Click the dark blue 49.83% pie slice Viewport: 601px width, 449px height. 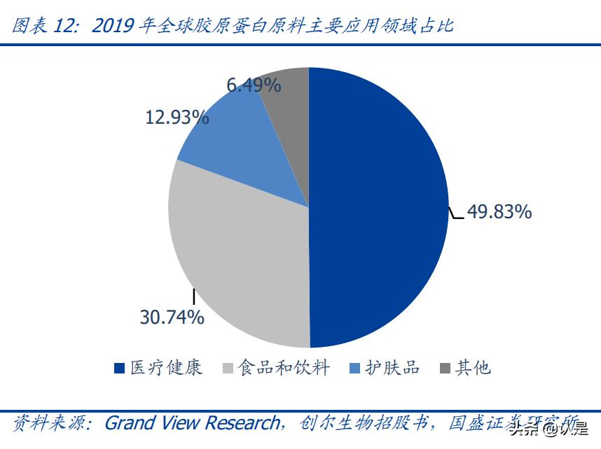pos(378,210)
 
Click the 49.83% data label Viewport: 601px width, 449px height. pos(499,211)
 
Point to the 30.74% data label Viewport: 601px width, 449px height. pos(172,317)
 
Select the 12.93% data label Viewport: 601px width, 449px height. pos(177,117)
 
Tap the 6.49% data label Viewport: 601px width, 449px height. pos(254,85)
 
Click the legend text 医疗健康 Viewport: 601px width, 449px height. pos(166,367)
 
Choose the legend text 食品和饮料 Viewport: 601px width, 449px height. pos(282,367)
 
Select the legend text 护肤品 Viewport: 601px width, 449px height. pos(392,367)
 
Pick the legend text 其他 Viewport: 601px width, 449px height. pos(473,367)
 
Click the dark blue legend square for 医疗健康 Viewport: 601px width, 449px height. pos(120,368)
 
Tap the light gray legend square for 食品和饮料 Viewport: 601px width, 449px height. pos(227,368)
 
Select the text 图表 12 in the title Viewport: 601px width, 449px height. pos(46,27)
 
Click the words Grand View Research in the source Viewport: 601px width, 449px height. pos(191,423)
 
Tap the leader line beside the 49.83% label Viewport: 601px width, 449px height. pos(456,214)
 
